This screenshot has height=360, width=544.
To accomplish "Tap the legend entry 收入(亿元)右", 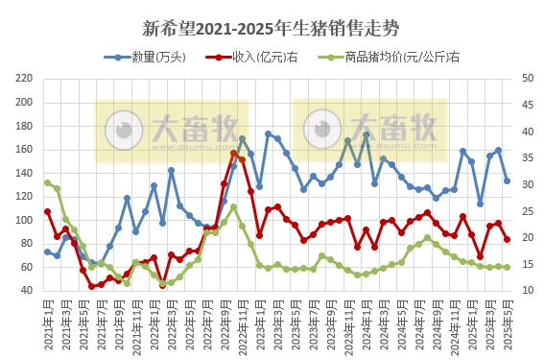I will [253, 58].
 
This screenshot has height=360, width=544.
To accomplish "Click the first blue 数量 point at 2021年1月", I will [47, 252].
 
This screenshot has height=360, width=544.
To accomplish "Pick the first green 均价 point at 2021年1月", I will [47, 182].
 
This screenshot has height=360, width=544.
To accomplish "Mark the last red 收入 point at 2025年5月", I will [508, 239].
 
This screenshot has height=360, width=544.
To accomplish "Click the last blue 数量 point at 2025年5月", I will [508, 180].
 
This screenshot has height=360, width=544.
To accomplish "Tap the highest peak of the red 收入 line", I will [233, 153].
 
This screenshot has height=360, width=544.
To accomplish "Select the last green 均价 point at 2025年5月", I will [508, 267].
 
